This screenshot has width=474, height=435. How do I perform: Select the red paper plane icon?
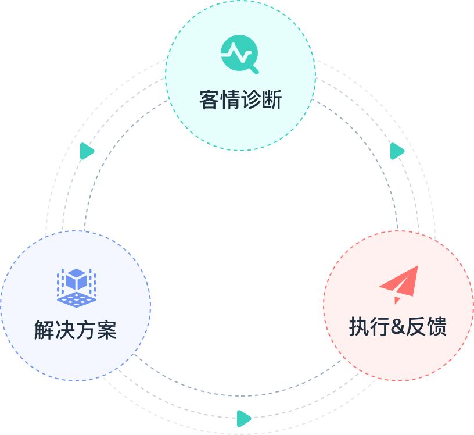pos(399,284)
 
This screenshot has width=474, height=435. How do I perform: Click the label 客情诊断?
pos(240,100)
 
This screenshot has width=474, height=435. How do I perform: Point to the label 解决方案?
pos(76,330)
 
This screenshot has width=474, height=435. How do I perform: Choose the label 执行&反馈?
pos(398,327)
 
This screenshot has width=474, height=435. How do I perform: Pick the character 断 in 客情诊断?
pos(271,100)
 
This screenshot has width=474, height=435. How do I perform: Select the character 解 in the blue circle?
pos(45,330)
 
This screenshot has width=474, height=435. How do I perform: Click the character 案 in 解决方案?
pos(107,330)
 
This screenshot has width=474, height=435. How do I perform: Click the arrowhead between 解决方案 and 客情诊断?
pos(87,151)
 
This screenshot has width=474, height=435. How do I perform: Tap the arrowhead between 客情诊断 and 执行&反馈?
pos(397,151)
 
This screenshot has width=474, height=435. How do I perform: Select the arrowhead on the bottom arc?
pos(244,418)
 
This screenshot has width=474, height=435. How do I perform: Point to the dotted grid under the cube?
pos(76,299)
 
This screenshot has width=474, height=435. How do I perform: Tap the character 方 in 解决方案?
pos(86,330)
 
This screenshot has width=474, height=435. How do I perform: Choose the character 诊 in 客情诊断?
pos(250,100)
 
